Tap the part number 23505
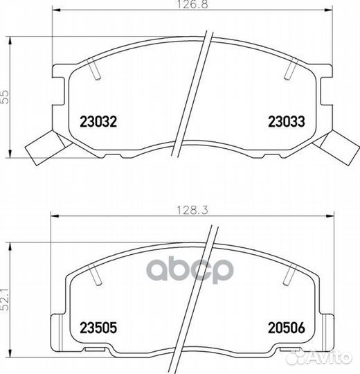pos(98,326)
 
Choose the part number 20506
pos(286,326)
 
